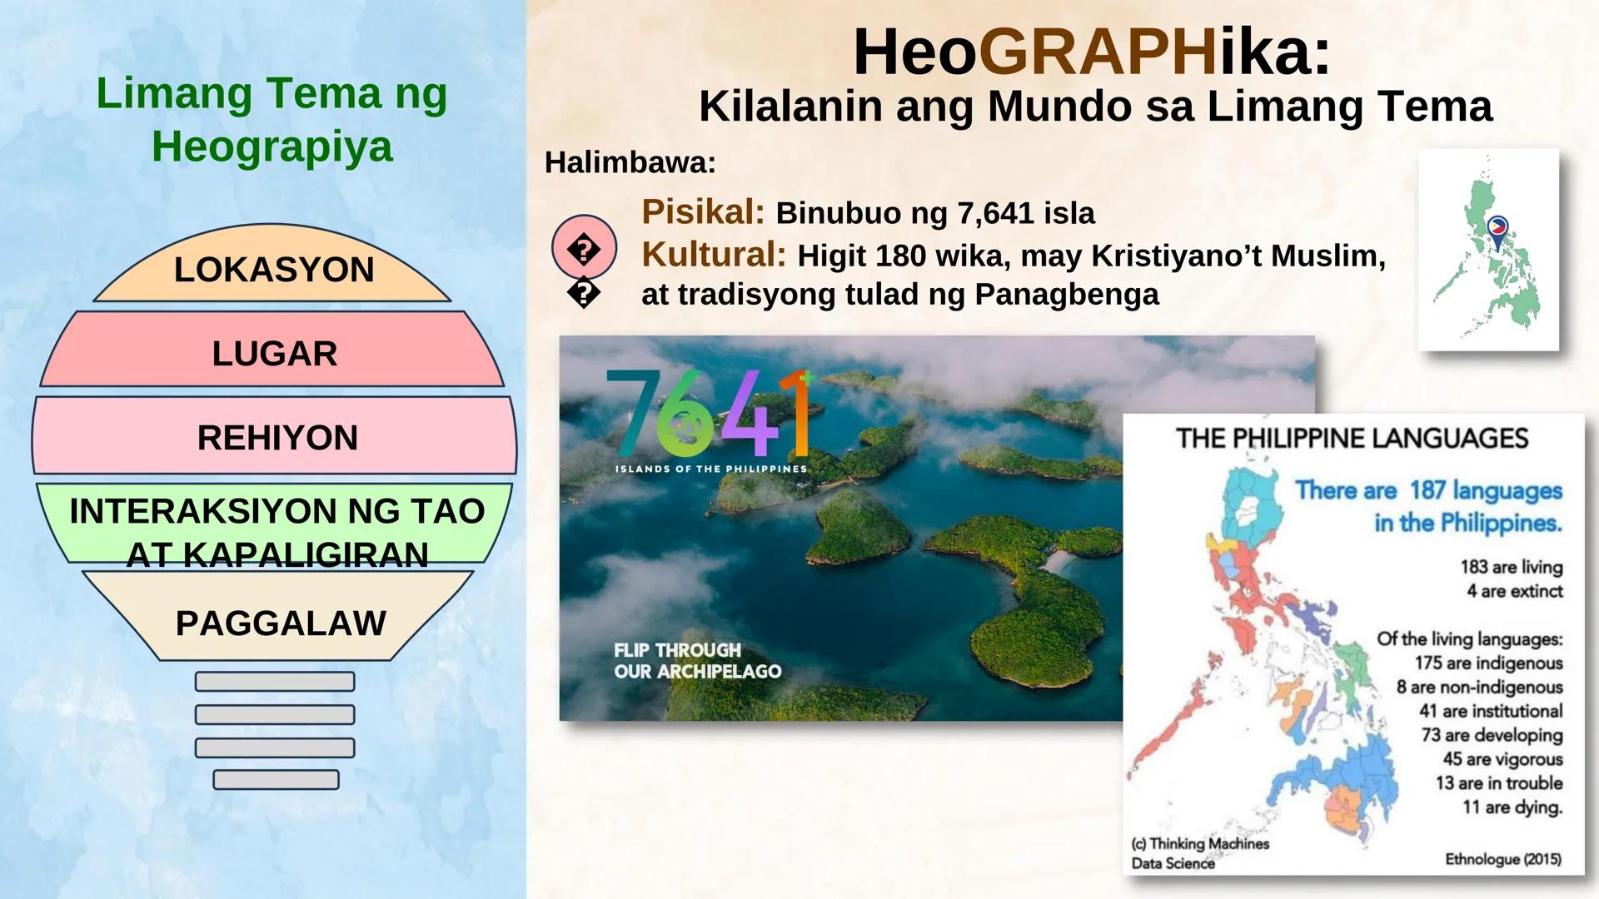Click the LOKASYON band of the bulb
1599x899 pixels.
(273, 270)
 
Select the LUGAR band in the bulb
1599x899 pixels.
(274, 353)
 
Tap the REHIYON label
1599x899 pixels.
(277, 437)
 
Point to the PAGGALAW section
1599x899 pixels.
(280, 623)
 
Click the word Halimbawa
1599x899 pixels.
(630, 162)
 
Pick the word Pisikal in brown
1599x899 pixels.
(702, 212)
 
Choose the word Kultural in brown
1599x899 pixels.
(713, 255)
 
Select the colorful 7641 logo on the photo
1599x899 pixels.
(708, 413)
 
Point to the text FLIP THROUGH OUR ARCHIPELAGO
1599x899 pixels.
(697, 661)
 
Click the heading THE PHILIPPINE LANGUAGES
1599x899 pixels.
(1352, 438)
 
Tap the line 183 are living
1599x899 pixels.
(1511, 567)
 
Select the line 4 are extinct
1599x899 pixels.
(1514, 591)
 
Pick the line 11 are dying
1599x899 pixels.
(1512, 807)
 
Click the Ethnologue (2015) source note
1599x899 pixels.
(1502, 859)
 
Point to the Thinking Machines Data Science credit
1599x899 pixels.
(1199, 853)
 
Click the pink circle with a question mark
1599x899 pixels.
(584, 248)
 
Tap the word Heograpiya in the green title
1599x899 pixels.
(271, 147)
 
